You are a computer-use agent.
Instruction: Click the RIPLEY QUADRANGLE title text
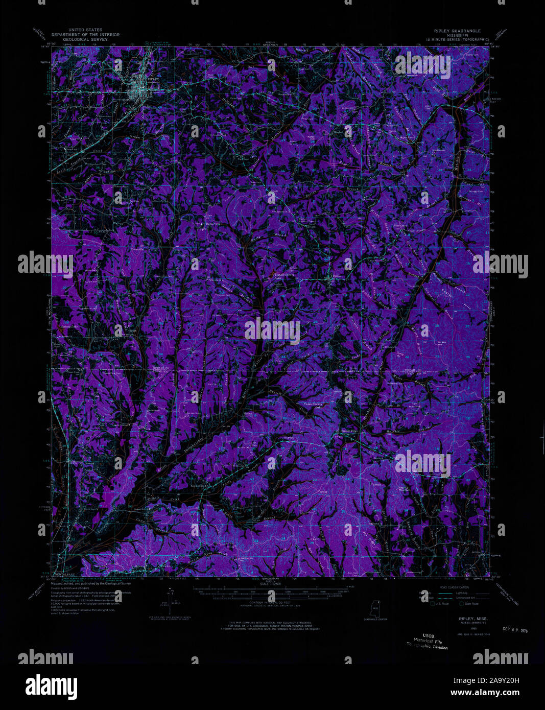[457, 31]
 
